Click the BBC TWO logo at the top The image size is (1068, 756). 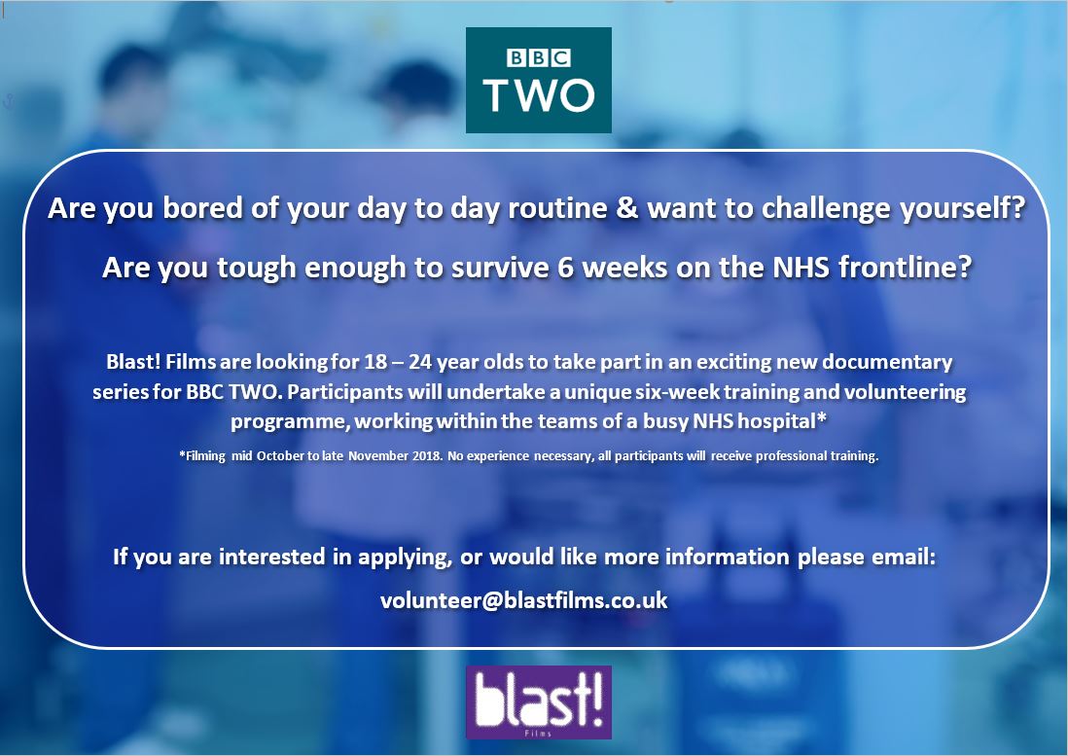(538, 80)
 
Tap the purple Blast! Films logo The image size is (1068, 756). (538, 702)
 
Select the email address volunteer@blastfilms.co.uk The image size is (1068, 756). (523, 600)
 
